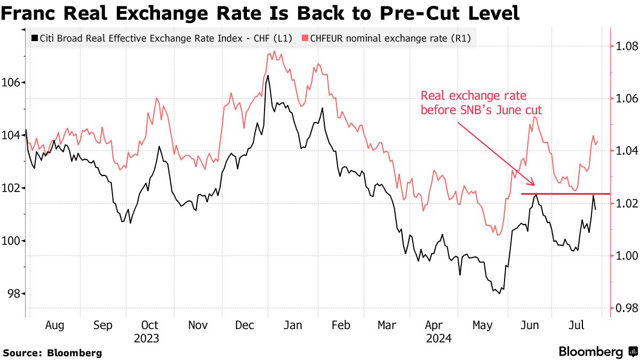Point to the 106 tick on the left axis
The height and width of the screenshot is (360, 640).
click(12, 83)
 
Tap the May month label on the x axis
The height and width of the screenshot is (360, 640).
click(483, 325)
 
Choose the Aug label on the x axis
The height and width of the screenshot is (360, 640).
click(55, 325)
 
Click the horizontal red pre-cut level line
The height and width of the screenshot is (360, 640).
click(565, 194)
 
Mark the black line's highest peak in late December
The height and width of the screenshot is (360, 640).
click(268, 76)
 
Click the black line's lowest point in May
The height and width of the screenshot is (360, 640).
click(500, 293)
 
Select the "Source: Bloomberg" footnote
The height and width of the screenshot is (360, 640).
click(52, 353)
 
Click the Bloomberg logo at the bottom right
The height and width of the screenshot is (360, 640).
click(597, 351)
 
